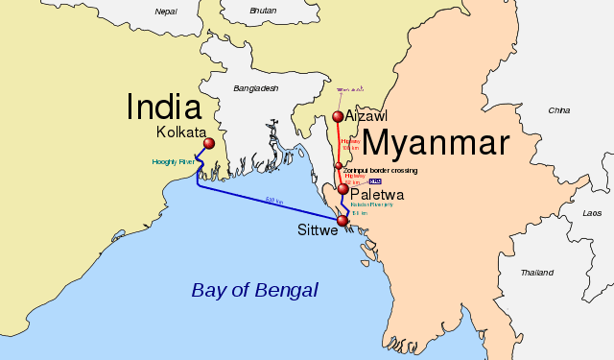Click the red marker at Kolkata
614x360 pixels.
208,144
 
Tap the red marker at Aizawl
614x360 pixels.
338,117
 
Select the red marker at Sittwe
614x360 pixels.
342,222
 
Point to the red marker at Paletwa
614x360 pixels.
342,189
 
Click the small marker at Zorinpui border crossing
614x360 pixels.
338,166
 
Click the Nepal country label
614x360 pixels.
166,12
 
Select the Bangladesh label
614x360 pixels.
254,88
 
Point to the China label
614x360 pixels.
558,110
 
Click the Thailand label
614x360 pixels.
537,273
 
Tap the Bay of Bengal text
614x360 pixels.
254,290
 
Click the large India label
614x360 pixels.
164,107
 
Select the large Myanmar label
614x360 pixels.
435,143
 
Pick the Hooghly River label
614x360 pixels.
173,162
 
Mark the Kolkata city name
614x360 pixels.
181,132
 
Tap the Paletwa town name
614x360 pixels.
377,194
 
